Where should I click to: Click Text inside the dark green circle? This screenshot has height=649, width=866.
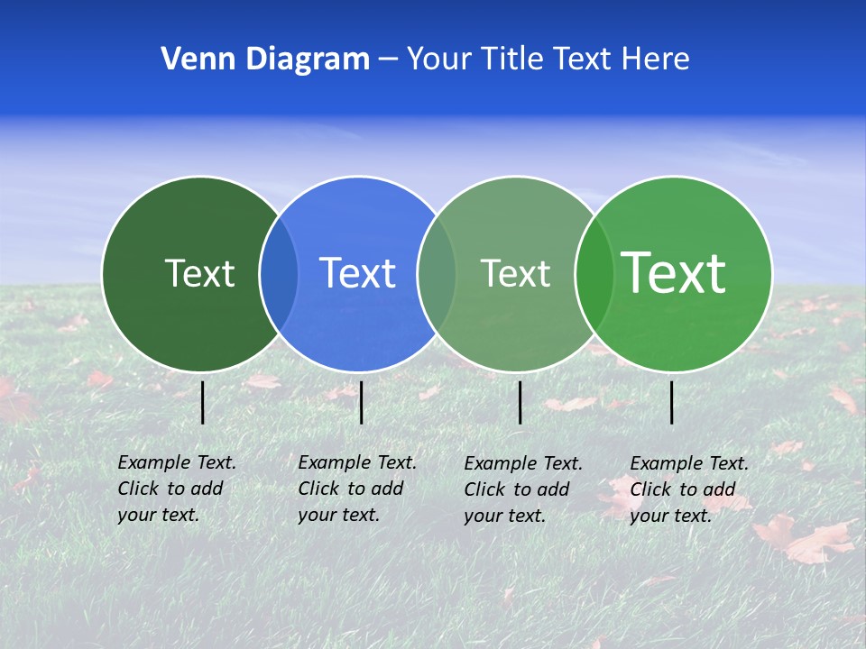[199, 273]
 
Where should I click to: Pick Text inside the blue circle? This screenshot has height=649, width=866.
[357, 273]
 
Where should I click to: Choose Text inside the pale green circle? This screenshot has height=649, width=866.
[515, 273]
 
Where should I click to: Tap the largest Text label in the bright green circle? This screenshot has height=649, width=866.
[674, 272]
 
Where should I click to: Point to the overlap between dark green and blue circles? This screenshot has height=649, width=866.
[279, 274]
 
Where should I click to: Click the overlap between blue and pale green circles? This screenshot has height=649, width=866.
[437, 274]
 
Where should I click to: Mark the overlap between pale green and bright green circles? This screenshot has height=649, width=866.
[594, 274]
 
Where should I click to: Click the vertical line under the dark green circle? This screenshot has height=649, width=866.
[203, 402]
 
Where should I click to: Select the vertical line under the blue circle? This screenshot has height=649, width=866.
[361, 402]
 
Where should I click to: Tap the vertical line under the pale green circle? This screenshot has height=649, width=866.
[521, 402]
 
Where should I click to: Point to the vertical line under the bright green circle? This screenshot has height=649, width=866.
[672, 402]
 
